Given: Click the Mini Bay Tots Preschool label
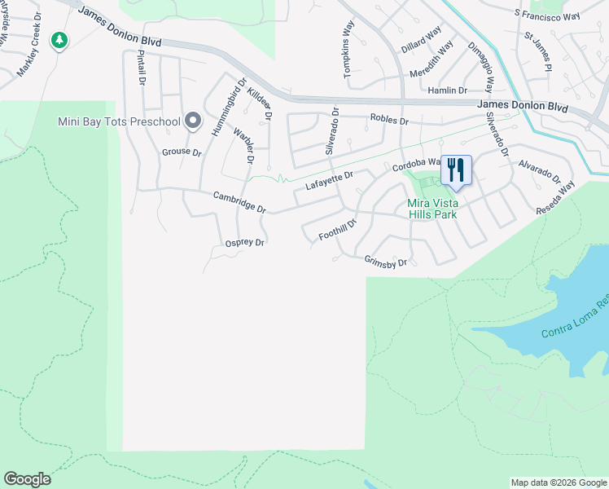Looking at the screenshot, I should click(119, 122).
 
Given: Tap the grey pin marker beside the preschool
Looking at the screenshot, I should click(193, 121).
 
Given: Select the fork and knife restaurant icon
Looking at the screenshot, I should click(456, 170).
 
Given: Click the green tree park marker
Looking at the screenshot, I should click(59, 40).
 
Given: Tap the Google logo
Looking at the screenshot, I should click(27, 479).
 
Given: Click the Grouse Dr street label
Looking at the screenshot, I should click(182, 152).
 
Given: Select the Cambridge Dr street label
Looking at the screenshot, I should click(239, 202).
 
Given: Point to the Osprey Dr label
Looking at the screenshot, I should click(245, 243).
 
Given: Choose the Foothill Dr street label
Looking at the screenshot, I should click(338, 229).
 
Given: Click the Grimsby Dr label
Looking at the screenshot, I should click(385, 262).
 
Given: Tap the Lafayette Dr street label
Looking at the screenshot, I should click(329, 180).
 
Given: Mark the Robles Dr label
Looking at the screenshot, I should click(388, 120).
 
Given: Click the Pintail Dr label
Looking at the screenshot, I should click(142, 68).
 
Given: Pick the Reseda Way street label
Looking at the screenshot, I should click(555, 198).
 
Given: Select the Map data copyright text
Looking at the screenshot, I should click(559, 482).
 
